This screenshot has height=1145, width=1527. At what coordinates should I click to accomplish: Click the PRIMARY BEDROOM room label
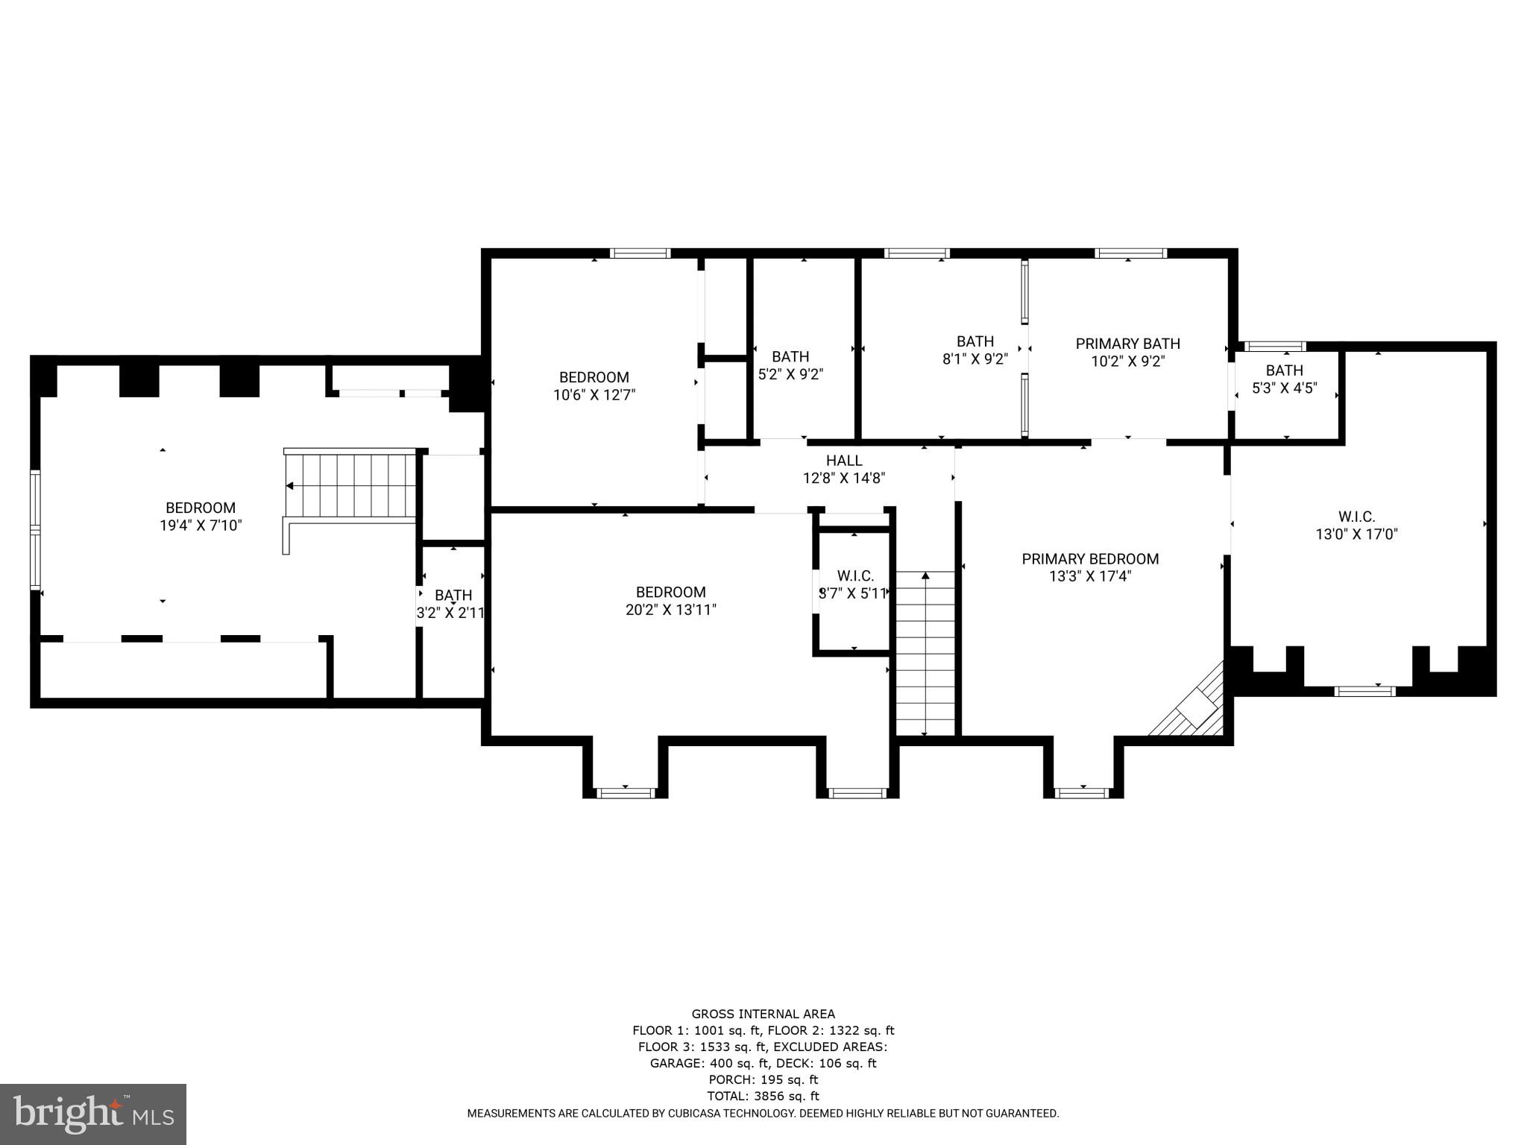(1090, 559)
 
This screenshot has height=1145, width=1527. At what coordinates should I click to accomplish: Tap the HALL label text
(844, 461)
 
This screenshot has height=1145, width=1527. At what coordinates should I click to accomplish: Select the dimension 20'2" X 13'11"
(670, 610)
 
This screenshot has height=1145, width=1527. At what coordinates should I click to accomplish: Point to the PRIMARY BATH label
(1127, 344)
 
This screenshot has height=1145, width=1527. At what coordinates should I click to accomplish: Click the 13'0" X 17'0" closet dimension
(1356, 534)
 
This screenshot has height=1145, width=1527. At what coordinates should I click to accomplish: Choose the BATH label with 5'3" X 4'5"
(1284, 370)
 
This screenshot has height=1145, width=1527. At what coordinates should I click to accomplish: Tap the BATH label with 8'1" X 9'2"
(975, 341)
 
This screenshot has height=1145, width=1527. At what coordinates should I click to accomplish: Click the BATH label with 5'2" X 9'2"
(790, 357)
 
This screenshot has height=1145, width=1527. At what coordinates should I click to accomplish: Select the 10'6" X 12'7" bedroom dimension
(594, 395)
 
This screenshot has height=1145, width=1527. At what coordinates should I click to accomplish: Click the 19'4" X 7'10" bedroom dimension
(201, 526)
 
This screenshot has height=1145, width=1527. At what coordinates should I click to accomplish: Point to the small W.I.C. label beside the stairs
(855, 576)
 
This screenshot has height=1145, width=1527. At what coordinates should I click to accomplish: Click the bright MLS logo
(93, 1114)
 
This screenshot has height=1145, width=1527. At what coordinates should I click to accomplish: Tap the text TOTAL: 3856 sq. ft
(763, 1096)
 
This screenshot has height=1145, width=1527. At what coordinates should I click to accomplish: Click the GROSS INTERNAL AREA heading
(763, 1014)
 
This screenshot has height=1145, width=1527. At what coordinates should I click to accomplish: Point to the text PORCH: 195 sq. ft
(763, 1079)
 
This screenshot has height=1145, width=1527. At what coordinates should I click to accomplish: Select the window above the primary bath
(1130, 253)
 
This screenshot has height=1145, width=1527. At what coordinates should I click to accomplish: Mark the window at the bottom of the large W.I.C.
(1364, 691)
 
